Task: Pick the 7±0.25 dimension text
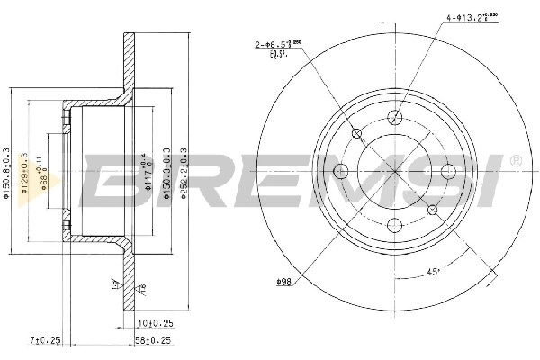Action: click(x=45, y=340)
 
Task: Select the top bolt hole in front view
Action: click(x=395, y=117)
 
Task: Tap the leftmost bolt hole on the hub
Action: click(x=341, y=171)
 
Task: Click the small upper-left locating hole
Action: click(x=357, y=134)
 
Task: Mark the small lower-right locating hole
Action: click(x=433, y=210)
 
